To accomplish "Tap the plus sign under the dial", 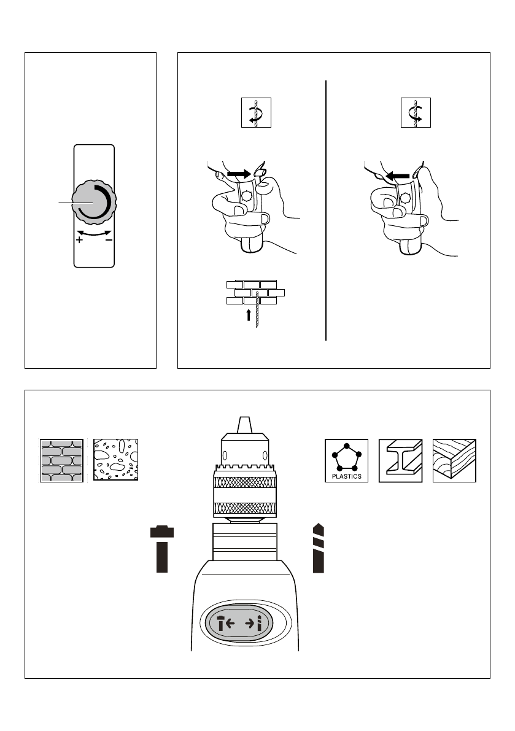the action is [x=79, y=241].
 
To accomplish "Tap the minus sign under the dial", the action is [x=109, y=241].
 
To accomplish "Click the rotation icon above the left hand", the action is [x=255, y=113].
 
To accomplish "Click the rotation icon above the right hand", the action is [x=416, y=113].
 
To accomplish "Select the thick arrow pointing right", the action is [x=239, y=175].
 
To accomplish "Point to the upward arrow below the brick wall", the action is [x=249, y=315].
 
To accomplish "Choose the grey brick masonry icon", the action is [x=61, y=460].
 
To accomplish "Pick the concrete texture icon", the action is [x=115, y=460].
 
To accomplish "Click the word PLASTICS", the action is [x=346, y=476].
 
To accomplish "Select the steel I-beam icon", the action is [x=400, y=460].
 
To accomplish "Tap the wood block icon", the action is [x=454, y=460].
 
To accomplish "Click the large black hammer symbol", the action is [x=162, y=549].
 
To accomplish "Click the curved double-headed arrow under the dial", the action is [x=94, y=233].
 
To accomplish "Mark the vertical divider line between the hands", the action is [x=326, y=209].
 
